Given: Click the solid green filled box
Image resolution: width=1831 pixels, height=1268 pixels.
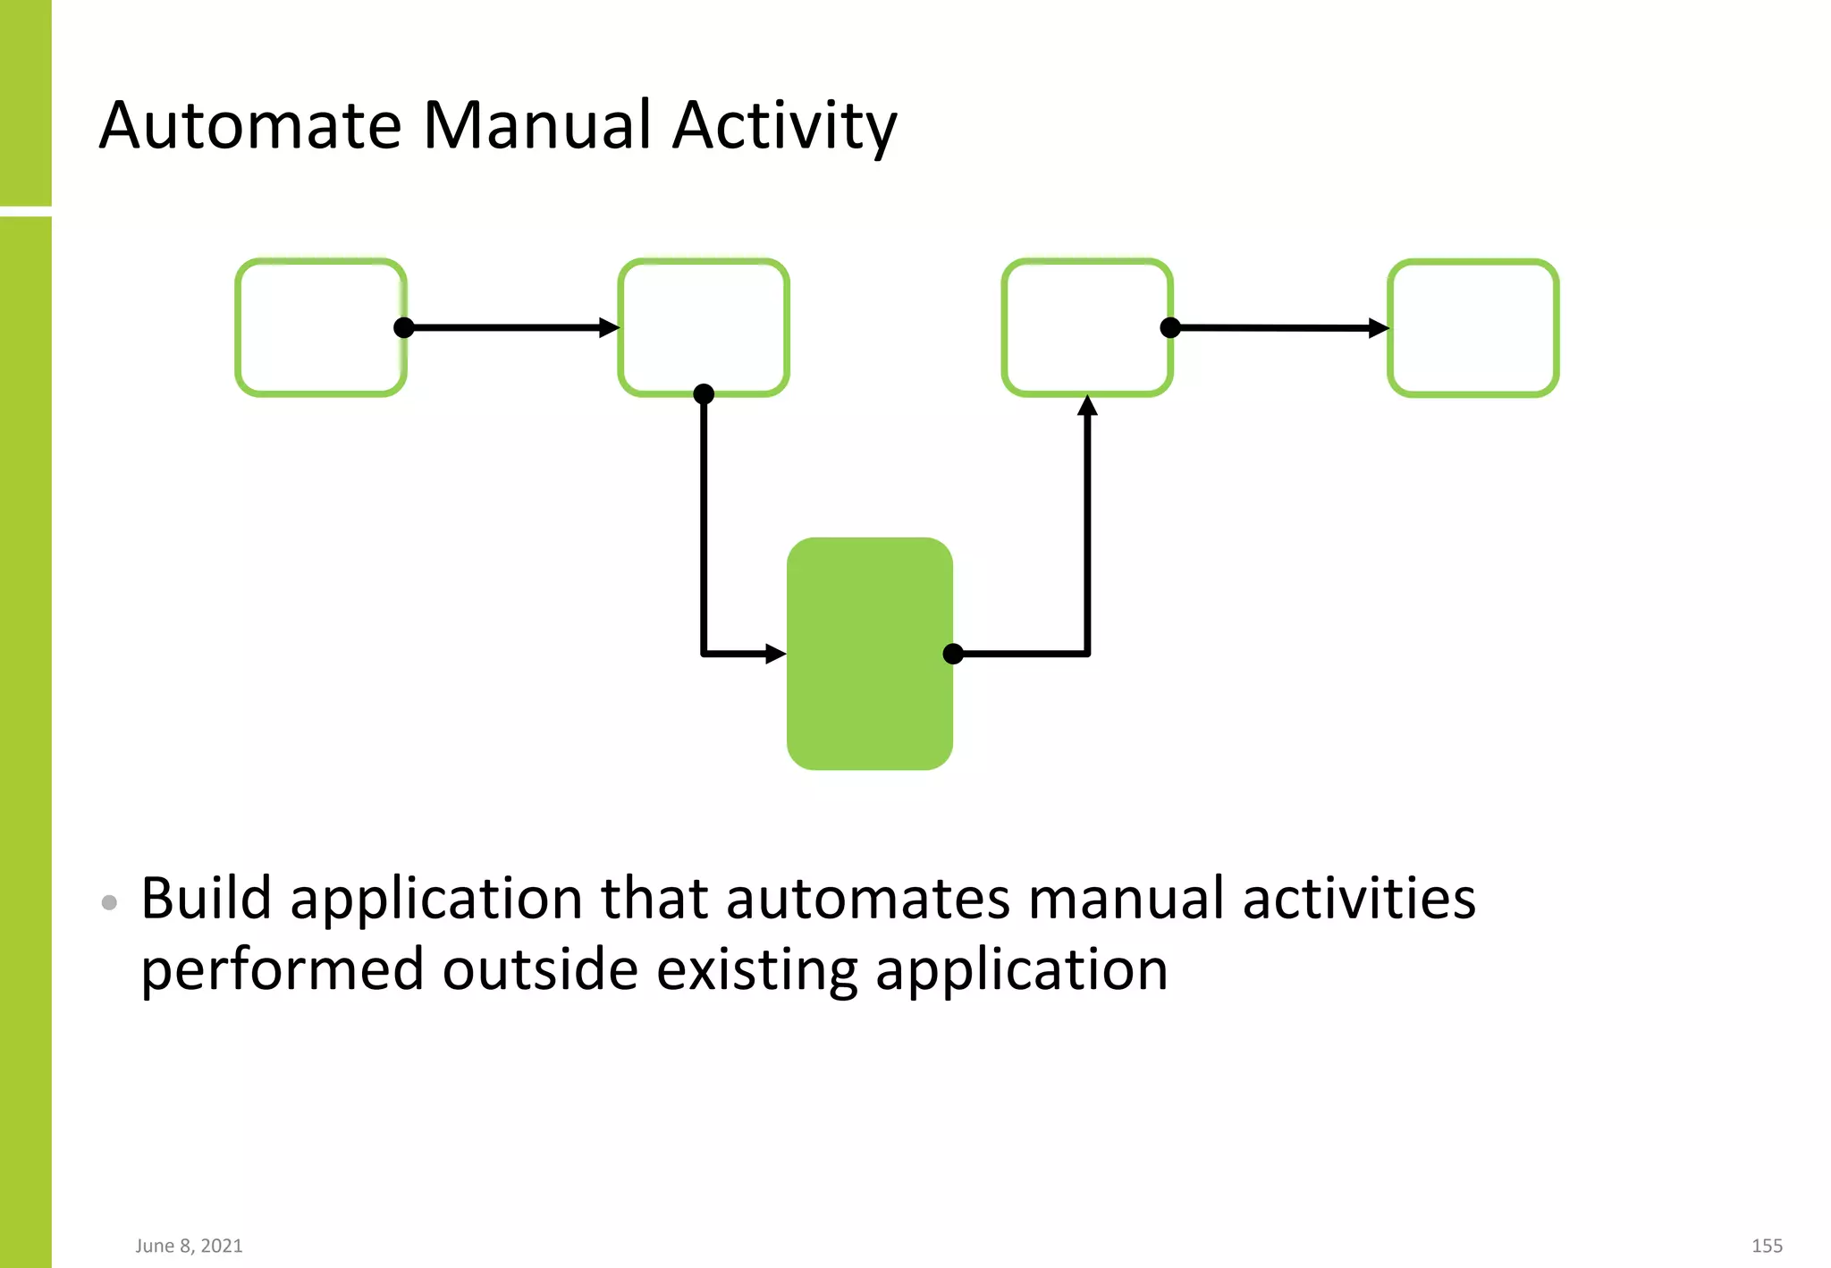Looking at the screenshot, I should click(x=869, y=653).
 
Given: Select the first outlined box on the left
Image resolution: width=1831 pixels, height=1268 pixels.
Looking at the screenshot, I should click(x=320, y=327).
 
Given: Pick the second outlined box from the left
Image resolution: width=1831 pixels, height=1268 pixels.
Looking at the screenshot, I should click(x=704, y=327).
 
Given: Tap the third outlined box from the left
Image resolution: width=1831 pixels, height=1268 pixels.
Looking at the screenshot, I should click(x=1086, y=327).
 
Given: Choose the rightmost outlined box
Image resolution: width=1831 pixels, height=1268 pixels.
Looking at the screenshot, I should click(x=1472, y=328).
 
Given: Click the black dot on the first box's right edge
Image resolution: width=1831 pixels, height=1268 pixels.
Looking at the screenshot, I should click(x=404, y=327).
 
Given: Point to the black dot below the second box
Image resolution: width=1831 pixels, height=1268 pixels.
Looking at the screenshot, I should click(x=704, y=393).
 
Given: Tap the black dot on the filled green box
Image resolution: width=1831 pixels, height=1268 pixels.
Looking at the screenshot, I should click(x=953, y=654).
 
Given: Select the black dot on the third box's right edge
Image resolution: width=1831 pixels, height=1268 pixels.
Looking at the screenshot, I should click(x=1169, y=327).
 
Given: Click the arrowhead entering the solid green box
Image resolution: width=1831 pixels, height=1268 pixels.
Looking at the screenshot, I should click(x=776, y=654).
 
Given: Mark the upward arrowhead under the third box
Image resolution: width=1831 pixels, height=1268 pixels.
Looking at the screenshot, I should click(x=1087, y=406).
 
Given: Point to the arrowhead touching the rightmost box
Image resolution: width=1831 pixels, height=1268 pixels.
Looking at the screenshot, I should click(x=1379, y=328).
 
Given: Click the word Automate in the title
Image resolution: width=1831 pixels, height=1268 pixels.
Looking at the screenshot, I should click(x=250, y=125).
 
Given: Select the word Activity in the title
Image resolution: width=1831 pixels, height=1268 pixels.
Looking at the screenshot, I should click(x=784, y=125).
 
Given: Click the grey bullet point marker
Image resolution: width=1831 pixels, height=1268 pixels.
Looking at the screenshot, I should click(x=109, y=902).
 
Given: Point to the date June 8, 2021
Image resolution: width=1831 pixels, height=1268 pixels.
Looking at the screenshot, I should click(x=189, y=1246).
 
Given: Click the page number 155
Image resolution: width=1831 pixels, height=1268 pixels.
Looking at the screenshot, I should click(x=1767, y=1246).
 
